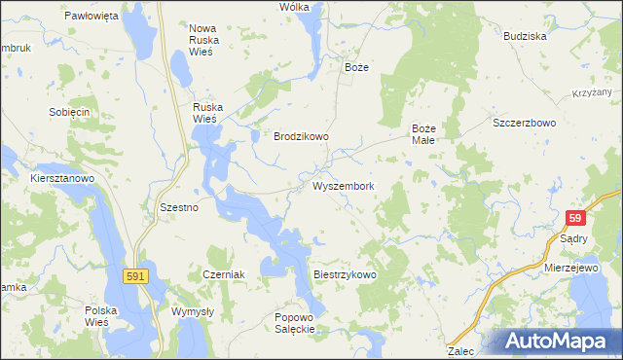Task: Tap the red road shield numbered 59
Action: click(x=576, y=219)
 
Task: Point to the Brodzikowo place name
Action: click(x=301, y=137)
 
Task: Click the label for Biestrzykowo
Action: click(x=345, y=275)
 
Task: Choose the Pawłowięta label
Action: click(x=91, y=17)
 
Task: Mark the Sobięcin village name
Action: click(x=69, y=112)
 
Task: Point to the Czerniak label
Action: click(x=223, y=275)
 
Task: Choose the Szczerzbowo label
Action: click(x=524, y=124)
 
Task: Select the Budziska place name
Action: click(x=525, y=36)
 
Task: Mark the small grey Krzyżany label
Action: click(x=590, y=93)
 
